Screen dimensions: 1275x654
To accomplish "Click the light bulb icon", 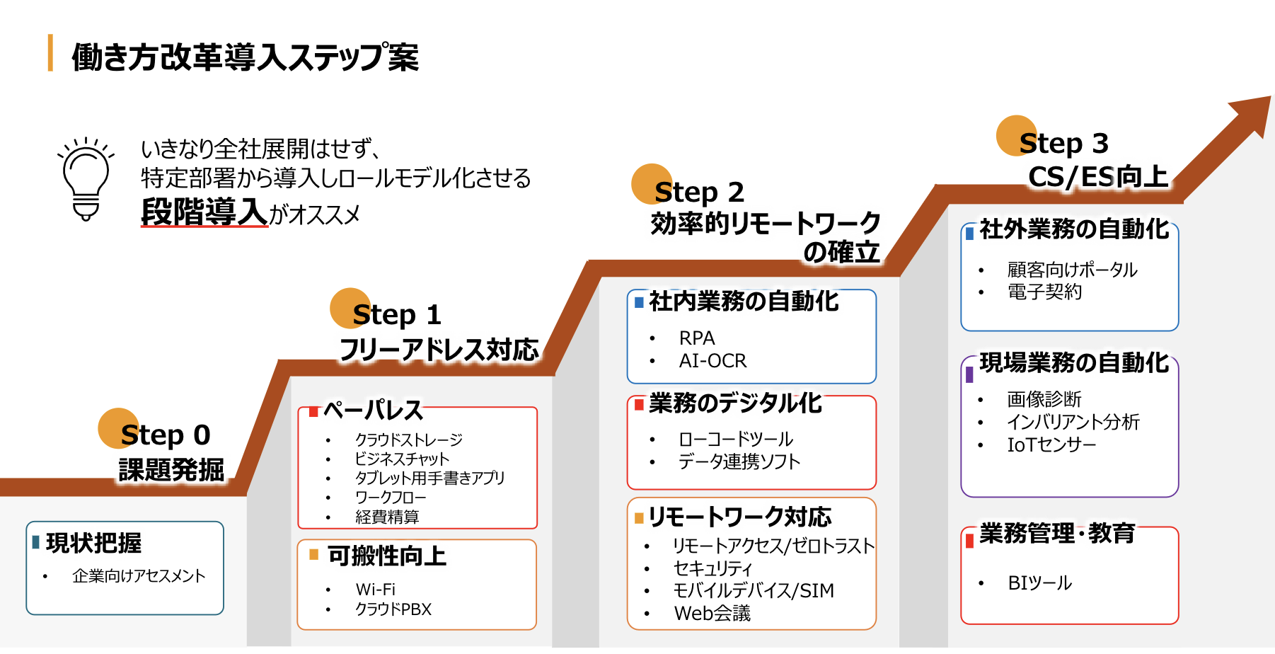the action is [x=86, y=179].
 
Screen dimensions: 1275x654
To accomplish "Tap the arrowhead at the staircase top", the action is [x=1253, y=114].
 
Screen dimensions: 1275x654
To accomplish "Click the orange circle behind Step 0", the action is [x=118, y=428].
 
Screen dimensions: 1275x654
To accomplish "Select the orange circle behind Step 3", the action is [x=1017, y=136].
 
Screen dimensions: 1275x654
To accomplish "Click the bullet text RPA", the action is [x=697, y=338].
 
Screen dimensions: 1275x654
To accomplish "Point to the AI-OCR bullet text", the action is [x=712, y=361].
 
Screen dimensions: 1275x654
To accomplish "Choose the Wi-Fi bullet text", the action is [x=375, y=590].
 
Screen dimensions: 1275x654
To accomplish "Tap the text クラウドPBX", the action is [x=393, y=609].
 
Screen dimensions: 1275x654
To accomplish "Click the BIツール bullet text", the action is [x=1039, y=583].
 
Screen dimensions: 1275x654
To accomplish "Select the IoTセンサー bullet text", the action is [x=1051, y=444].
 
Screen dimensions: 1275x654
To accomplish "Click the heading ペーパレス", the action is [x=373, y=410].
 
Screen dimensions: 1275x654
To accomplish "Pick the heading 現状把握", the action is [x=93, y=543].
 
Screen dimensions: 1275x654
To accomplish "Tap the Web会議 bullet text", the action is [x=712, y=613].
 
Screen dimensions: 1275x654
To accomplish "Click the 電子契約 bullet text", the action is [x=1044, y=292].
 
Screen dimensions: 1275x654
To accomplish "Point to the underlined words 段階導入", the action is [x=204, y=212].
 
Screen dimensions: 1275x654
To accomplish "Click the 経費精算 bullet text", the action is [x=387, y=517].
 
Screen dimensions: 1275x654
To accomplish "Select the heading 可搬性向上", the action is [x=387, y=556].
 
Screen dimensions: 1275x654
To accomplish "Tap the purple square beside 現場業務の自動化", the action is [x=969, y=373].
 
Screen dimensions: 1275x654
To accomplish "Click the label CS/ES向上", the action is [x=1098, y=177].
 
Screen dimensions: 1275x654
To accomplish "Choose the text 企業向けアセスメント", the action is [x=139, y=576].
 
